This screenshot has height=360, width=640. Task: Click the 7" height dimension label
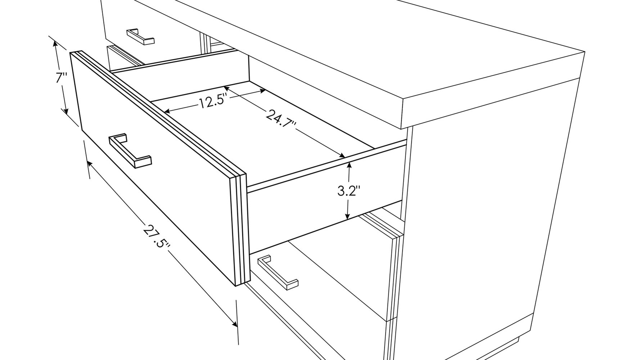[x=62, y=78]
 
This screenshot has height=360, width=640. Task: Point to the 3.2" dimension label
[x=349, y=190]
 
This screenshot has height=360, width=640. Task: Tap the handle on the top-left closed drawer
[x=140, y=36]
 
